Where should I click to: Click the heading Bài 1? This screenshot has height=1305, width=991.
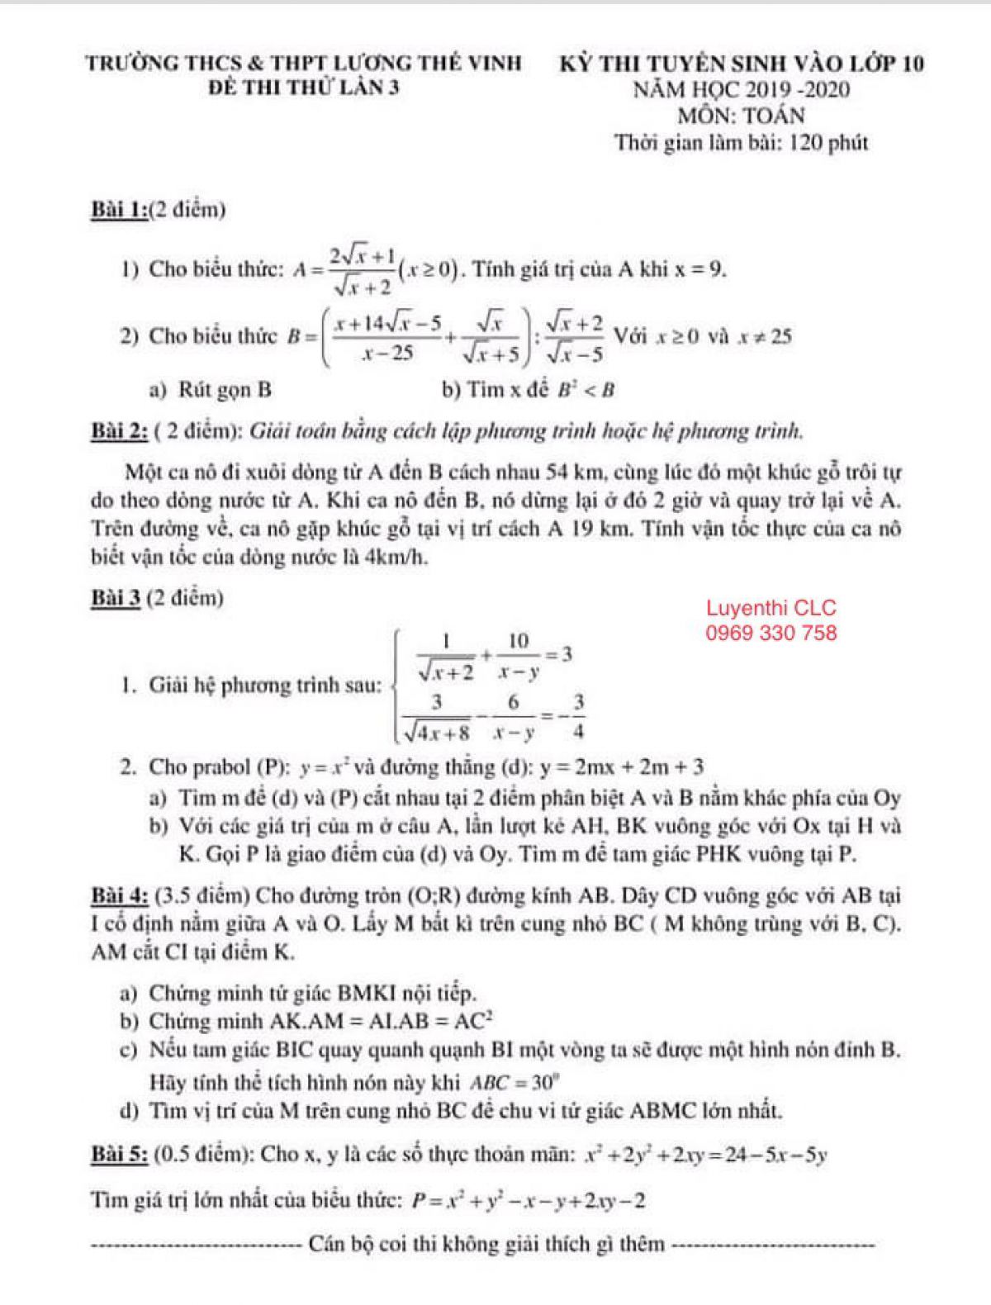pos(120,210)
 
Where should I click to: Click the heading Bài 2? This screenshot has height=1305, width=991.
pos(120,431)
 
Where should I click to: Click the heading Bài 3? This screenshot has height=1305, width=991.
pos(115,598)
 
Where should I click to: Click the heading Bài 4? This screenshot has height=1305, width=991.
pos(120,895)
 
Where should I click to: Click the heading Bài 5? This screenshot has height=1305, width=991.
pos(120,1154)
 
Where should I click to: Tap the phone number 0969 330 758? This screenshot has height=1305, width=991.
pos(771,634)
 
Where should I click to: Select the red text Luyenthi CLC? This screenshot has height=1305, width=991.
pos(771,609)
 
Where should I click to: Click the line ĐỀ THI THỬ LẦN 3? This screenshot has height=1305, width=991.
pos(304,89)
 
